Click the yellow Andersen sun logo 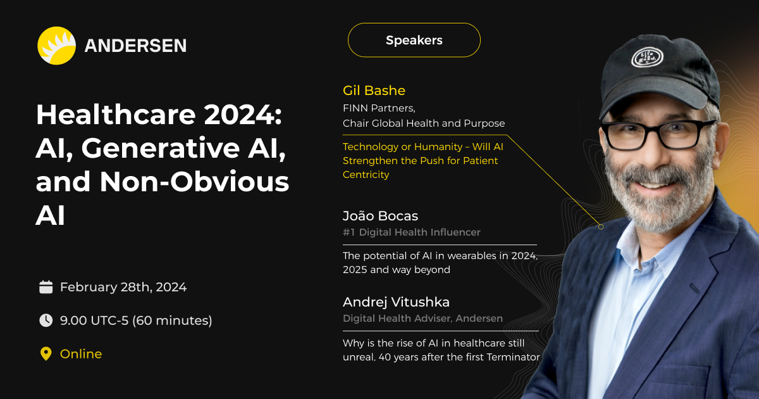click(56, 46)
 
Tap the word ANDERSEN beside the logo click(135, 46)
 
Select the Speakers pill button click(414, 40)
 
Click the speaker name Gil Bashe click(374, 91)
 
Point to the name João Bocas click(381, 216)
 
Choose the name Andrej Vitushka click(396, 302)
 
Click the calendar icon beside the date click(46, 287)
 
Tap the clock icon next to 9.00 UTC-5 click(46, 320)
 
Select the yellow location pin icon click(46, 354)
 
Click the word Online click(81, 354)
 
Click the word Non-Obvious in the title click(194, 182)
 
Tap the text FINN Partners click(379, 108)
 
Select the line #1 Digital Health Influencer click(412, 232)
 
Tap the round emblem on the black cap click(647, 58)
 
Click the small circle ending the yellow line click(601, 227)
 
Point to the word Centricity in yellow click(366, 175)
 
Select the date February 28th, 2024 click(123, 287)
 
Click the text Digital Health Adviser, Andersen click(423, 319)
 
